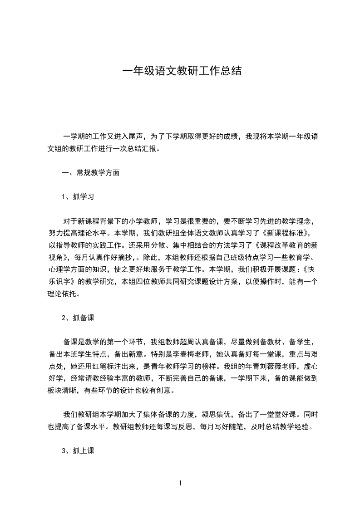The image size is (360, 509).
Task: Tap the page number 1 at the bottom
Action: (180, 484)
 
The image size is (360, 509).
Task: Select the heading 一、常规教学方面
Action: (91, 172)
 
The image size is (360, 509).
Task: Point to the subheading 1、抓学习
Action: (78, 196)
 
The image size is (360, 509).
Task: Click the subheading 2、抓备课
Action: (78, 317)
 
